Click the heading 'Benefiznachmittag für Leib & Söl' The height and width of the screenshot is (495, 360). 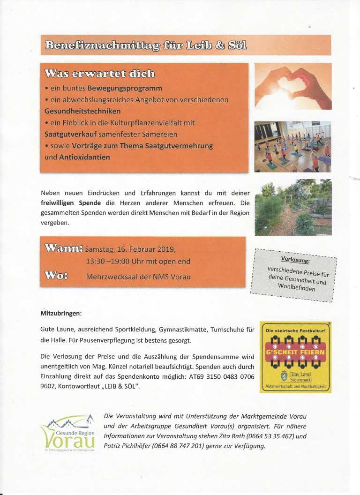146,45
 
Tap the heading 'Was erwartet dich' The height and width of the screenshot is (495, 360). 99,74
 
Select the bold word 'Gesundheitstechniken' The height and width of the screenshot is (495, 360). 82,111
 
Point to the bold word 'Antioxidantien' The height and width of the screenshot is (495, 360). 84,157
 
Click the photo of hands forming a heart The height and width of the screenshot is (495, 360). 292,86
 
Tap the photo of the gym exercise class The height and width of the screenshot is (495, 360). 292,146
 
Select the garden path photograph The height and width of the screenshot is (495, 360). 292,207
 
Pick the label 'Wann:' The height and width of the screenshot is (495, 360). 64,248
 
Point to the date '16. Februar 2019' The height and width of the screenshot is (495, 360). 143,249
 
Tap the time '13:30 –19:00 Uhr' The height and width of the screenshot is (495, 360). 120,262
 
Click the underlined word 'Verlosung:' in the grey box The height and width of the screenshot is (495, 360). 295,260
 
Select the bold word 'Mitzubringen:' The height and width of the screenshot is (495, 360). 61,312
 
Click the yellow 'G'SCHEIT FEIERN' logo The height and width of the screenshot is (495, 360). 295,357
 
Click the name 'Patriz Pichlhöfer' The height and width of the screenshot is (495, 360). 132,446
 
